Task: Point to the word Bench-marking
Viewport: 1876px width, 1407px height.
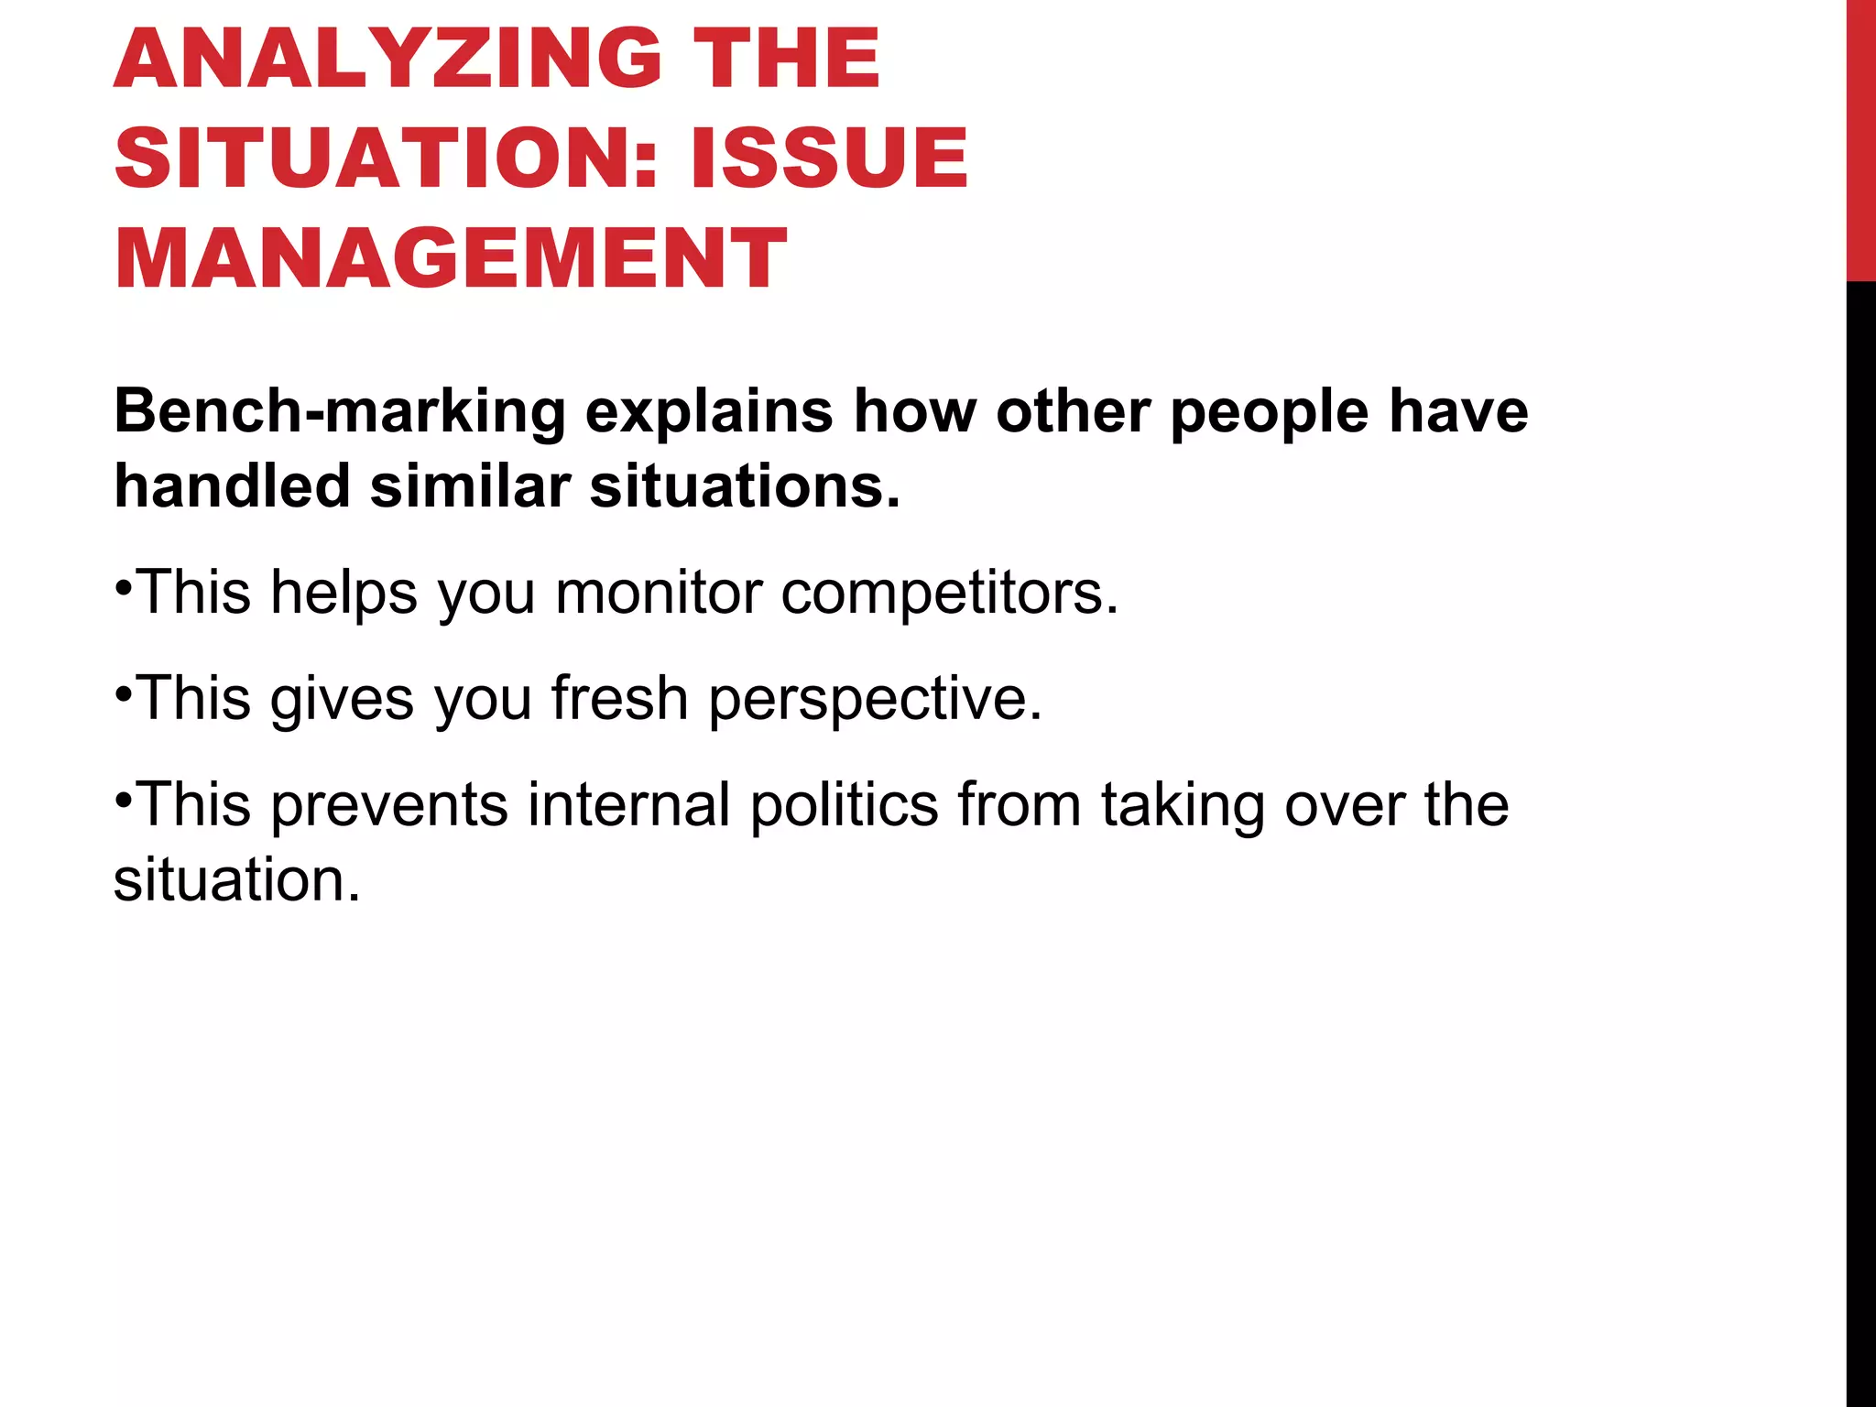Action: point(340,411)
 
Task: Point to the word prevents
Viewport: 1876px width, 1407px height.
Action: point(389,806)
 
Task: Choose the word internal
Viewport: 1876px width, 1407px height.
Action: point(628,804)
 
